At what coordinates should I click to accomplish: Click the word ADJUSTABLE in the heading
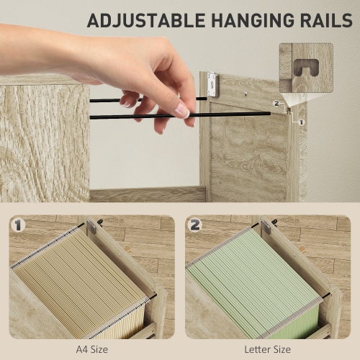click(146, 21)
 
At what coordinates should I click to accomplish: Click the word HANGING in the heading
click(253, 20)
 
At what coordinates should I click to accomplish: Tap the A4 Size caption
click(92, 349)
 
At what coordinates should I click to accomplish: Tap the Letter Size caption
click(267, 349)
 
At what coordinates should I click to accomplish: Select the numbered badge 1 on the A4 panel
click(18, 225)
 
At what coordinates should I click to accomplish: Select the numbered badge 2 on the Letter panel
click(194, 225)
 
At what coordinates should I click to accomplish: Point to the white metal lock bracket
click(213, 85)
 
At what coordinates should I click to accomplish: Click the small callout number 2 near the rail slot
click(276, 104)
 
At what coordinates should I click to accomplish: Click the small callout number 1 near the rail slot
click(301, 122)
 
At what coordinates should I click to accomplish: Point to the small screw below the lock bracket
click(246, 94)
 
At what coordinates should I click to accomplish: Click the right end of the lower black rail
click(269, 114)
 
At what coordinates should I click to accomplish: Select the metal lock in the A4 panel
click(91, 226)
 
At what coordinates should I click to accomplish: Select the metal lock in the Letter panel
click(266, 227)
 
